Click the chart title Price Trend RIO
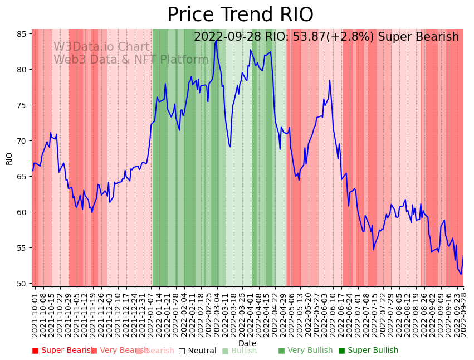[x=240, y=15]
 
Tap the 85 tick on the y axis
[x=22, y=34]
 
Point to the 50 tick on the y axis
[x=22, y=284]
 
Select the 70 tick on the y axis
[x=22, y=141]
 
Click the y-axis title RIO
[x=9, y=158]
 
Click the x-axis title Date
[x=247, y=343]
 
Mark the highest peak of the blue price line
[x=216, y=40]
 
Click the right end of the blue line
[x=463, y=256]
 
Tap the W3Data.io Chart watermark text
[x=101, y=47]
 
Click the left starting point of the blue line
[x=32, y=173]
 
